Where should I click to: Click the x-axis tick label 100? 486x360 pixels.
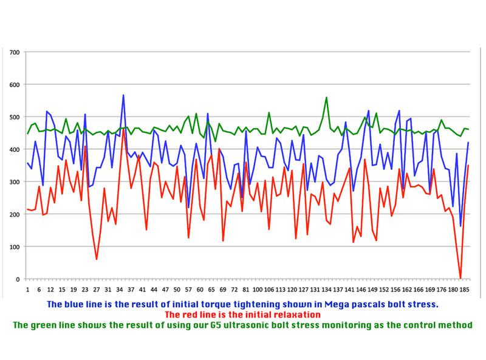click(258, 290)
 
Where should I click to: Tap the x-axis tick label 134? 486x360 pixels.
click(327, 290)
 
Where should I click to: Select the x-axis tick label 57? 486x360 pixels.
click(188, 290)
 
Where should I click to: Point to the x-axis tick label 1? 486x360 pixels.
click(27, 290)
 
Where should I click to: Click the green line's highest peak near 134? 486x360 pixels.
click(326, 97)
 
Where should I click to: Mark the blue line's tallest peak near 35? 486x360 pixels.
click(123, 95)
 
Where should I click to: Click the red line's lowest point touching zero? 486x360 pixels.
click(460, 278)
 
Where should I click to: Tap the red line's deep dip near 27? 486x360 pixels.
click(97, 259)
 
